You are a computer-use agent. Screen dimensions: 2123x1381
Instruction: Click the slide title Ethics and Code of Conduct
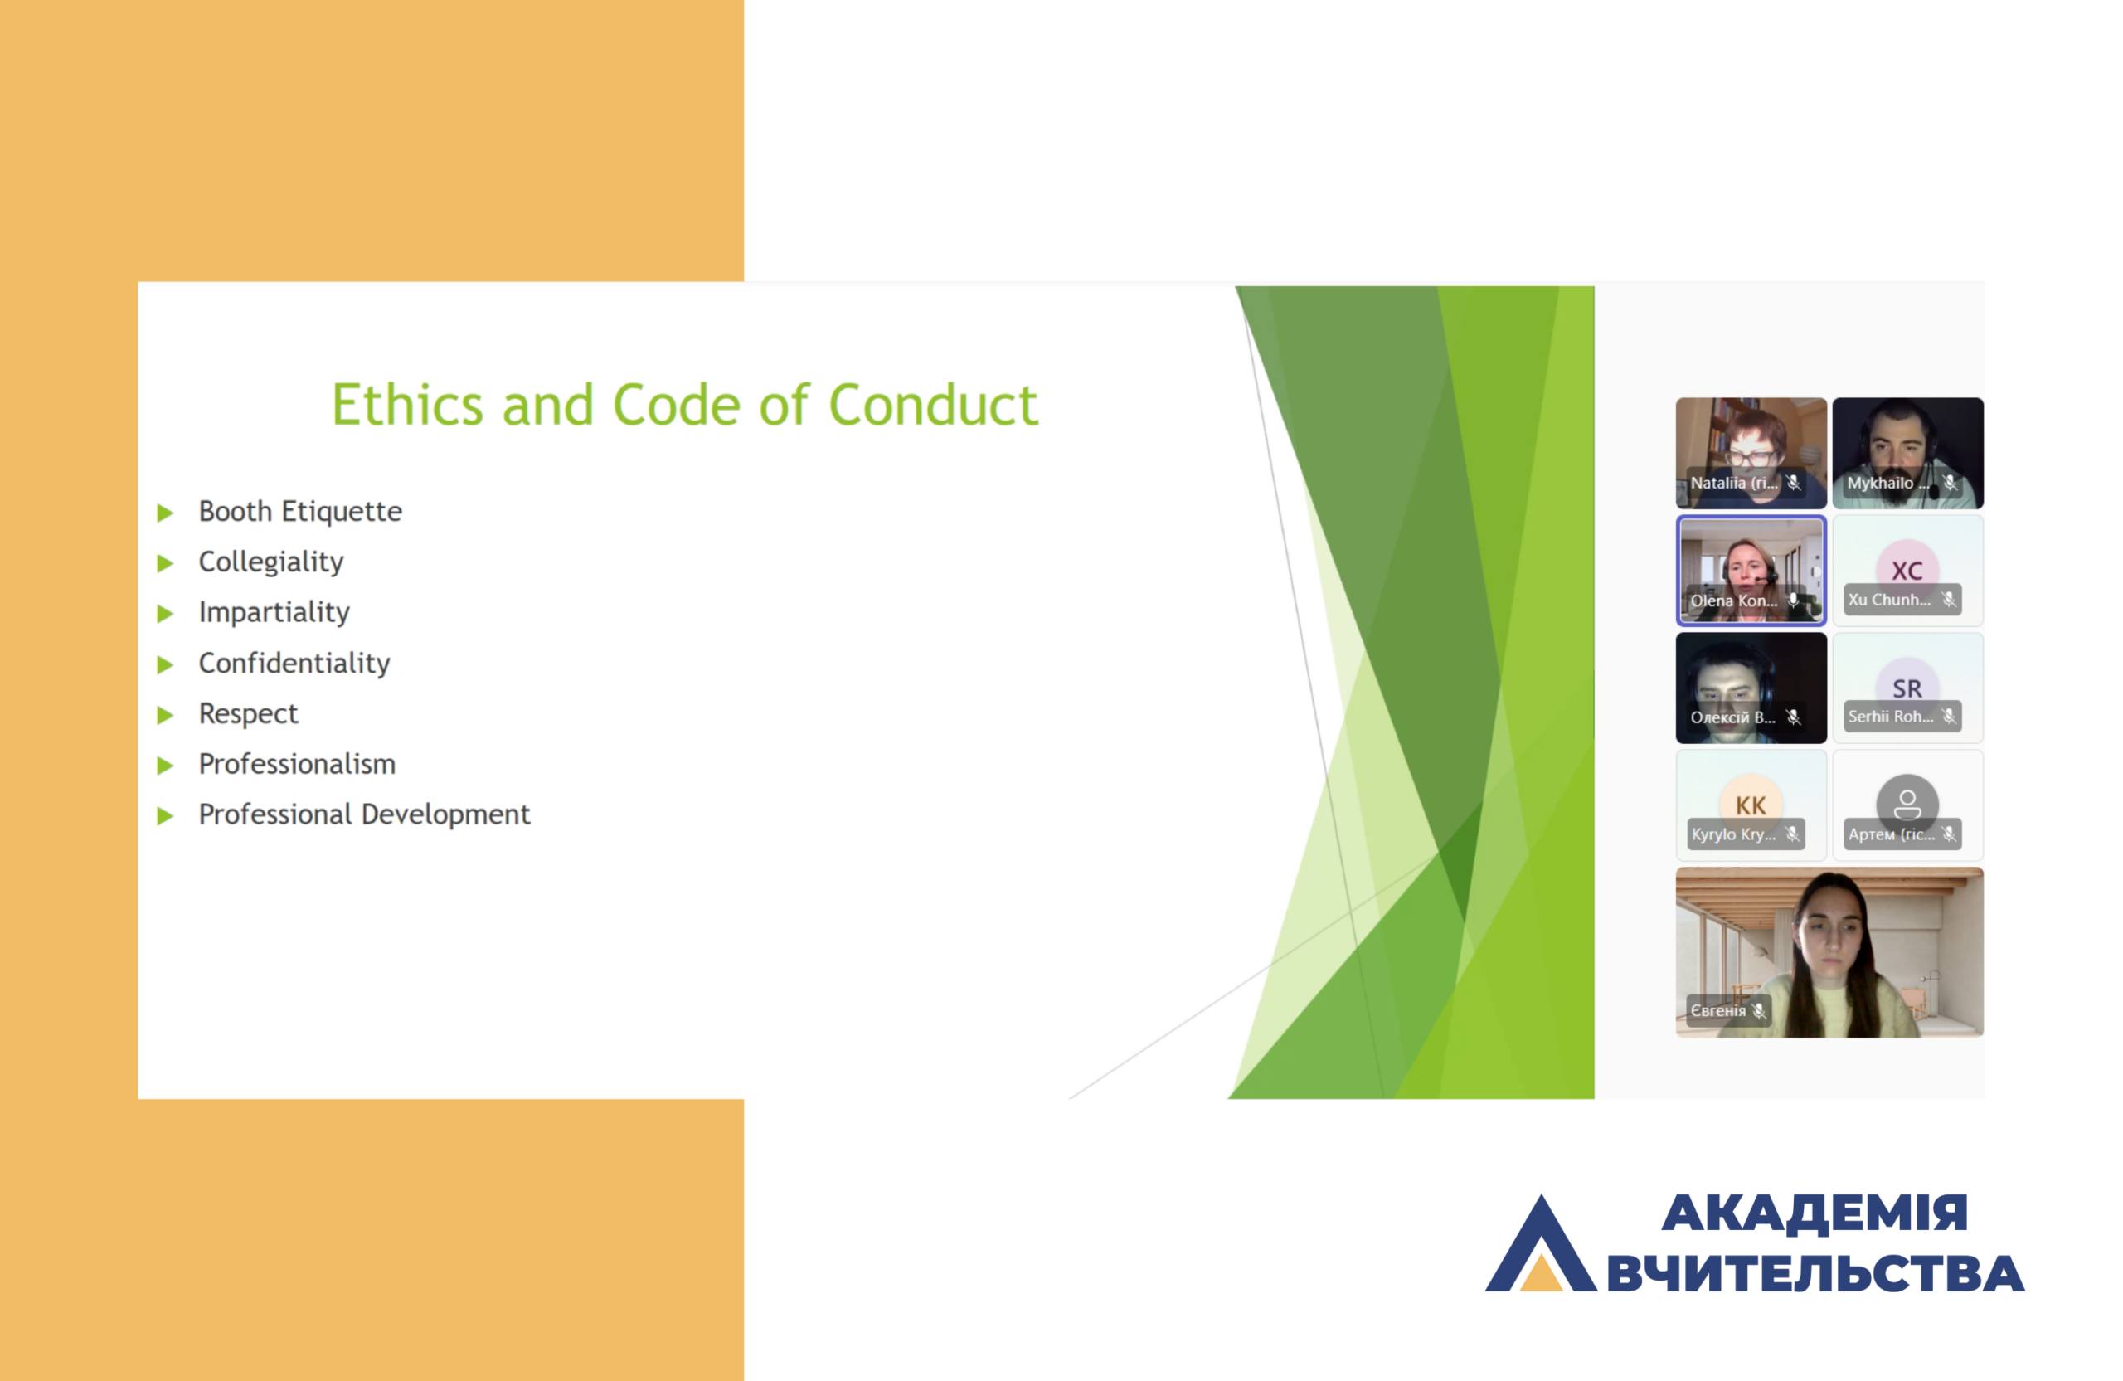pos(684,405)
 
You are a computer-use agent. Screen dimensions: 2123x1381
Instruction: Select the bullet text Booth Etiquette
pos(299,511)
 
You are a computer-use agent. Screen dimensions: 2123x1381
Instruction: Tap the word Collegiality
pos(270,562)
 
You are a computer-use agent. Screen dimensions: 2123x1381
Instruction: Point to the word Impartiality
pos(274,612)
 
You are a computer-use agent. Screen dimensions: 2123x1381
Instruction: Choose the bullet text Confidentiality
pos(294,663)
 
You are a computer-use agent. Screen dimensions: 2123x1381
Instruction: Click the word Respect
pos(248,713)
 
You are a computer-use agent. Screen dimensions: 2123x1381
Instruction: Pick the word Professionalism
pos(297,764)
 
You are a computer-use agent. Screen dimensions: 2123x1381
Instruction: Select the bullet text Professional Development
pos(364,814)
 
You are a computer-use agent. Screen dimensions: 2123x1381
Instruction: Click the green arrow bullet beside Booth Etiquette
pos(165,512)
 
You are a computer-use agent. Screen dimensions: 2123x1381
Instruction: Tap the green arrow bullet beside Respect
pos(165,715)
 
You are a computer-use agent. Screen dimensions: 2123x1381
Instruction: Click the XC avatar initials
pos(1907,571)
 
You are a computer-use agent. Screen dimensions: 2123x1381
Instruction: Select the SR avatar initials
pos(1907,688)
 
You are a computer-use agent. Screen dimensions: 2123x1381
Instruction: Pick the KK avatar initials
pos(1750,805)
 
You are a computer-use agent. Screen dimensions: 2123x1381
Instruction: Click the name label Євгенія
pos(1718,1011)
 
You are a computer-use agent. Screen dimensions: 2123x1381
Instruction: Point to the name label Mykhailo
pos(1880,483)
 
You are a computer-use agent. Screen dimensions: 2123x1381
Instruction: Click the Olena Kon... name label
pos(1733,601)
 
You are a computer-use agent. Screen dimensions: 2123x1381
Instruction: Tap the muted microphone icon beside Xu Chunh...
pos(1949,600)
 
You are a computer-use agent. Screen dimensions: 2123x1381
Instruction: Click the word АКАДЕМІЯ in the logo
pos(1815,1213)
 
